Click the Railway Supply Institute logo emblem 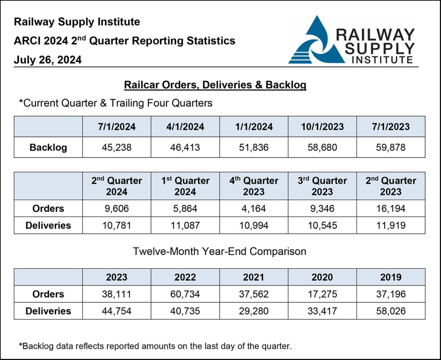316,41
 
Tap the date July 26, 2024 47,60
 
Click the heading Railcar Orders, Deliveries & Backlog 215,85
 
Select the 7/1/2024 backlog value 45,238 116,147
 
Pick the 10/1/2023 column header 322,127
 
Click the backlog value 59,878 391,147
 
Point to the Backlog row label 48,147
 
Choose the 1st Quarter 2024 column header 185,186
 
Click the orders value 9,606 116,209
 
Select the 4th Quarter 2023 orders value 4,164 254,209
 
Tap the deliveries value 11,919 391,225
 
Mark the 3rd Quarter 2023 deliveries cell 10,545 322,225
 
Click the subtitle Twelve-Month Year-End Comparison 220,251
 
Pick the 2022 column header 185,277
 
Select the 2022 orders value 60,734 185,294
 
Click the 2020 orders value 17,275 322,294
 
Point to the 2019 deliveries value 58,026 391,311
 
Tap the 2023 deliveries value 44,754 116,311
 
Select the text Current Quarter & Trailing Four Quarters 116,103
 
